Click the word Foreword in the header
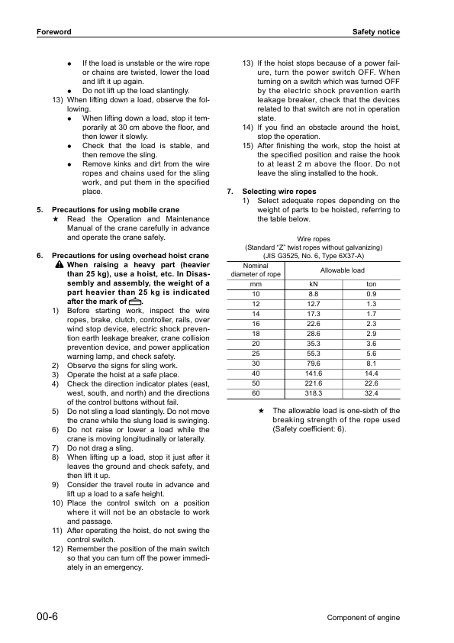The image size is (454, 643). (53, 32)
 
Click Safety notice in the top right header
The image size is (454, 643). (375, 32)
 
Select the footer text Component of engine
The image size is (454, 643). (363, 617)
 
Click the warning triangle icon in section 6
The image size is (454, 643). (59, 264)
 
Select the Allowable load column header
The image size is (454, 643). (342, 270)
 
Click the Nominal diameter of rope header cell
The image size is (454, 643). (255, 270)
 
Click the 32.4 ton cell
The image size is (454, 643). (371, 393)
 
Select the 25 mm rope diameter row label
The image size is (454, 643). (255, 354)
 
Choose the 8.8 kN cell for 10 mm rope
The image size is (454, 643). (313, 294)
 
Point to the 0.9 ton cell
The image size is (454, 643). (371, 294)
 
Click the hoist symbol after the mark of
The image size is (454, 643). (136, 301)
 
